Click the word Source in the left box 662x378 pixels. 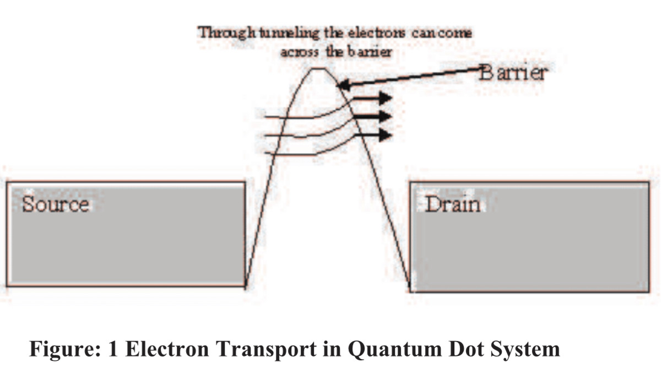(55, 204)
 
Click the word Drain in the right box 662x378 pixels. (453, 205)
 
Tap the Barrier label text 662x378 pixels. (513, 72)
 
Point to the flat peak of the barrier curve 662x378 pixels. (319, 69)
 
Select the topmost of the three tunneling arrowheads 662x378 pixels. (385, 99)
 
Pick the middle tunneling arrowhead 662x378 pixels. (385, 116)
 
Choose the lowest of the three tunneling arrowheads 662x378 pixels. (385, 134)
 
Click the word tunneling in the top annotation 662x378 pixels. (286, 33)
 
